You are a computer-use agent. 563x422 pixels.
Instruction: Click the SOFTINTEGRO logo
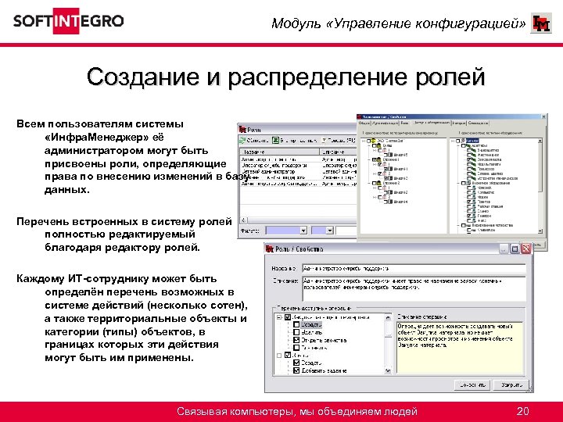(x=68, y=21)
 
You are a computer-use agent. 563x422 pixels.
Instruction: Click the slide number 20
(x=524, y=412)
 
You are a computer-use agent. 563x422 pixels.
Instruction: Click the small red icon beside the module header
(x=540, y=24)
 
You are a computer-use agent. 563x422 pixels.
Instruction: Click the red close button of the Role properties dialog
(x=537, y=248)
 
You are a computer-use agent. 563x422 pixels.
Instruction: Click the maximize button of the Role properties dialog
(x=525, y=248)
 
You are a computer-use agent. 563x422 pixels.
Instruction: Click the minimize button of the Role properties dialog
(x=515, y=248)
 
